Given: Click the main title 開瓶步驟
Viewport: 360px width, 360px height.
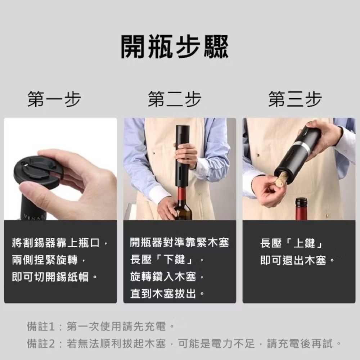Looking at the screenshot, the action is point(175,46).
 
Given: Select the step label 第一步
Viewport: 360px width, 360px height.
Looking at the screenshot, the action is point(54,99).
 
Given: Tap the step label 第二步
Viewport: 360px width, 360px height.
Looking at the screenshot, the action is point(175,99).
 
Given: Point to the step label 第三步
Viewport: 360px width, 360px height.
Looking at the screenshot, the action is point(295,99).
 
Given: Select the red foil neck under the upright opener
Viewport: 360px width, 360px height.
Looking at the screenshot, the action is point(183,194).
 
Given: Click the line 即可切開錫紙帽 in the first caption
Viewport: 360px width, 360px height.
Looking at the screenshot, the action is point(50,277).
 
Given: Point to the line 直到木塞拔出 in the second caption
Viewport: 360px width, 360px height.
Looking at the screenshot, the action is point(163,294).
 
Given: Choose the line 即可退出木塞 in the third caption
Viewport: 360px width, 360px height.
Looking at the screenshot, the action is point(293,260).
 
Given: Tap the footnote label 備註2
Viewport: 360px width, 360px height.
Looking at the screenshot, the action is point(41,344).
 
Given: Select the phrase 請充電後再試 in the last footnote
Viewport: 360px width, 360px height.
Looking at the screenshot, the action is point(300,344).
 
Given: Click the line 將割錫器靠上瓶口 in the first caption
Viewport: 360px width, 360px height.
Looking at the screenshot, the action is point(56,243).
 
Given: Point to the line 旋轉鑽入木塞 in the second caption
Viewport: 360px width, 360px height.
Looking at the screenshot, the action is point(163,276).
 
